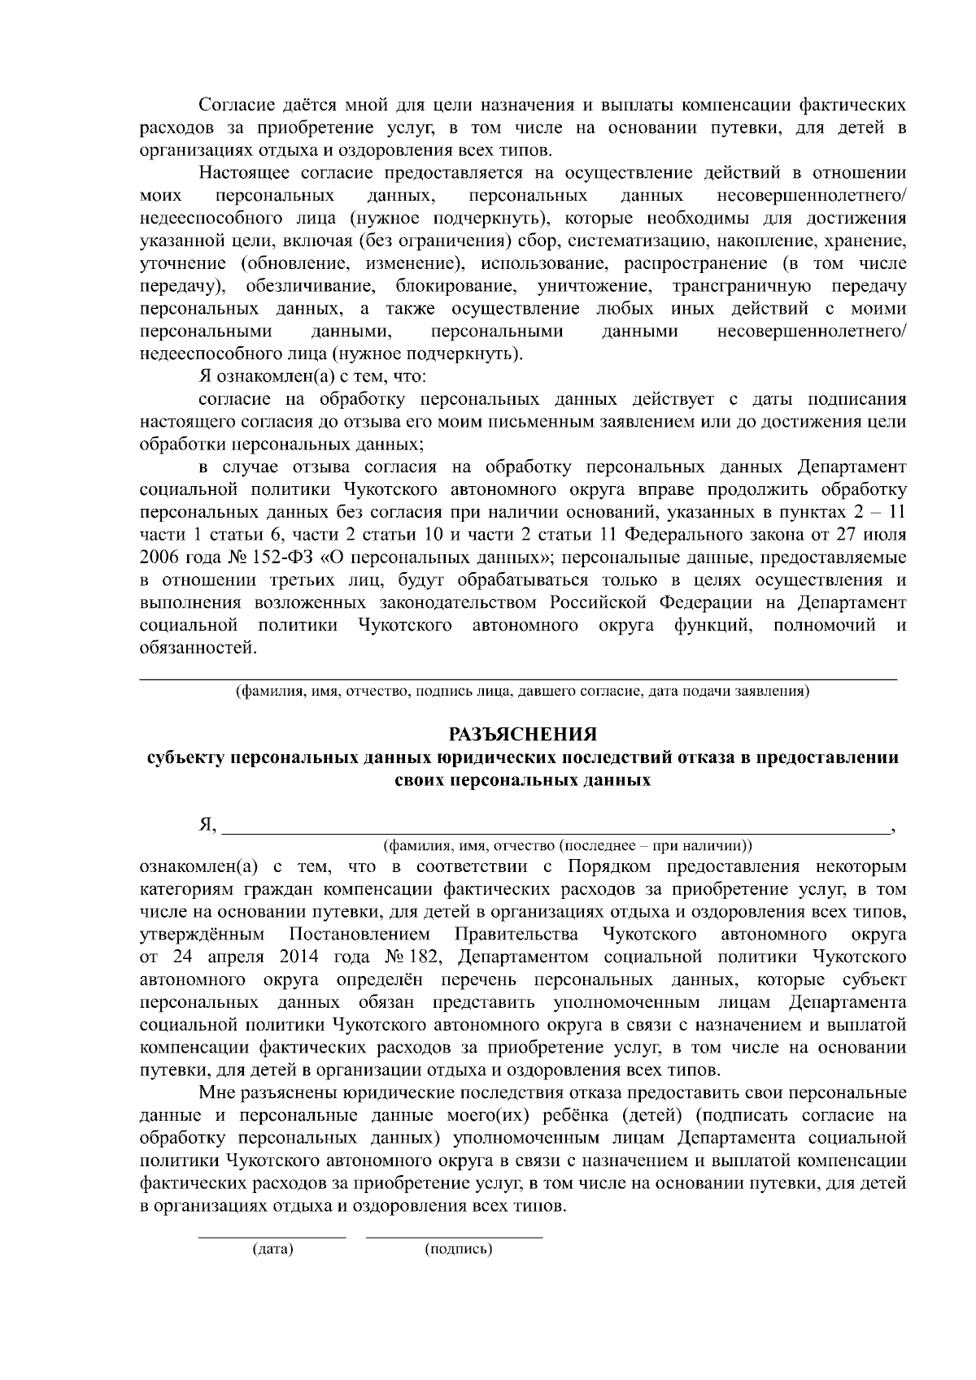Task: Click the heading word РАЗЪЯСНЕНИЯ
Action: point(523,735)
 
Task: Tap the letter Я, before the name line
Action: point(207,825)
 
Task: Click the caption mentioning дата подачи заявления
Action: point(521,692)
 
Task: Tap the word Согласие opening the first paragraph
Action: point(233,106)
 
